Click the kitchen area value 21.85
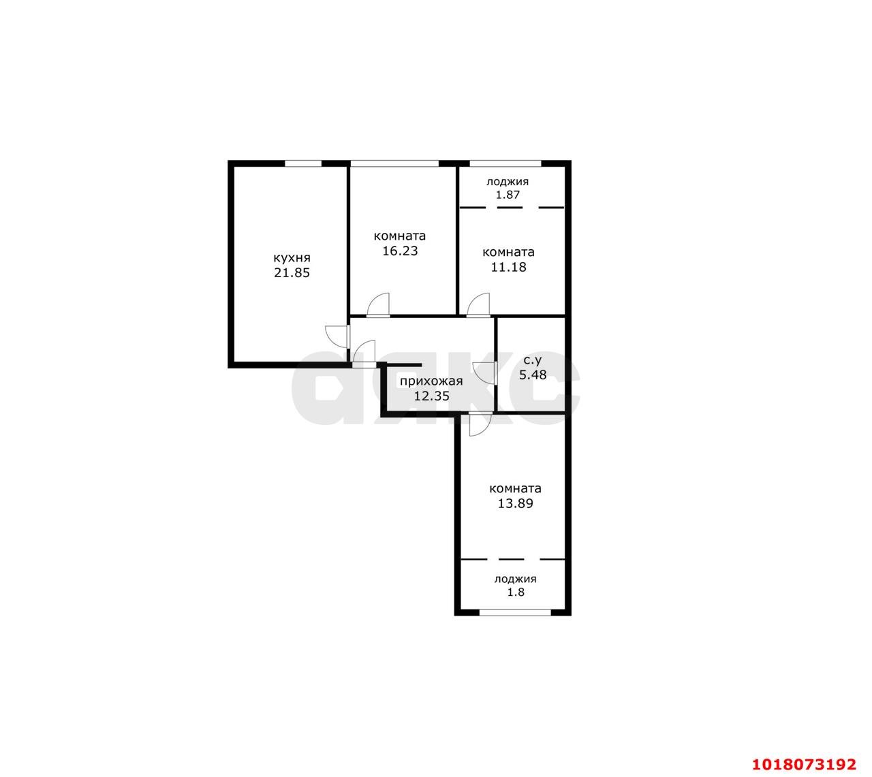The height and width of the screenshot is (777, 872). point(292,273)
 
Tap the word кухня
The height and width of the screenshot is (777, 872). point(292,258)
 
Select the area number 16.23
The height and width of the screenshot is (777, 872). point(400,251)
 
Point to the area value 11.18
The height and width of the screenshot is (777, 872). point(508,267)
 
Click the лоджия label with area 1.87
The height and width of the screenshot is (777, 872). point(508,182)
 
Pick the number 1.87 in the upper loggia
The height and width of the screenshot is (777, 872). point(508,195)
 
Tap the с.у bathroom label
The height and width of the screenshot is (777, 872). point(533,360)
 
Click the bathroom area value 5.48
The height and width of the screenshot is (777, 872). point(533,375)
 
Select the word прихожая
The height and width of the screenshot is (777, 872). point(431,381)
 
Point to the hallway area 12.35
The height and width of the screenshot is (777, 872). point(431,396)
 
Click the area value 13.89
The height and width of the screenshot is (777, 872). point(515,503)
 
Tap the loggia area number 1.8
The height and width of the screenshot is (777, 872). point(515,592)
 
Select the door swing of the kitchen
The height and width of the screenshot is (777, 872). point(337,337)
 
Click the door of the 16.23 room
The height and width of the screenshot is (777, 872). point(378,305)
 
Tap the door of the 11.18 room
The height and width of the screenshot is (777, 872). point(478,305)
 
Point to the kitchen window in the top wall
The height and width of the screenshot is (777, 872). point(303,163)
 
